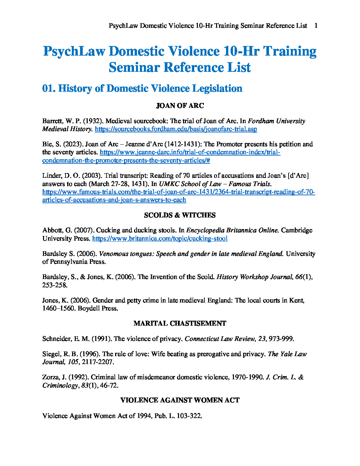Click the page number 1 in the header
pyautogui.click(x=316, y=26)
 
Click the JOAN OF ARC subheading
pyautogui.click(x=180, y=106)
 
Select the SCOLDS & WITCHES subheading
pyautogui.click(x=180, y=215)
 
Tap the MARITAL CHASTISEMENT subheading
pyautogui.click(x=180, y=324)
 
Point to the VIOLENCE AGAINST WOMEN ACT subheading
pyautogui.click(x=180, y=400)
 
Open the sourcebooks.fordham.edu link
pyautogui.click(x=176, y=129)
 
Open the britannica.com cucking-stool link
pyautogui.click(x=160, y=239)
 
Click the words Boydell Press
pyautogui.click(x=98, y=308)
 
